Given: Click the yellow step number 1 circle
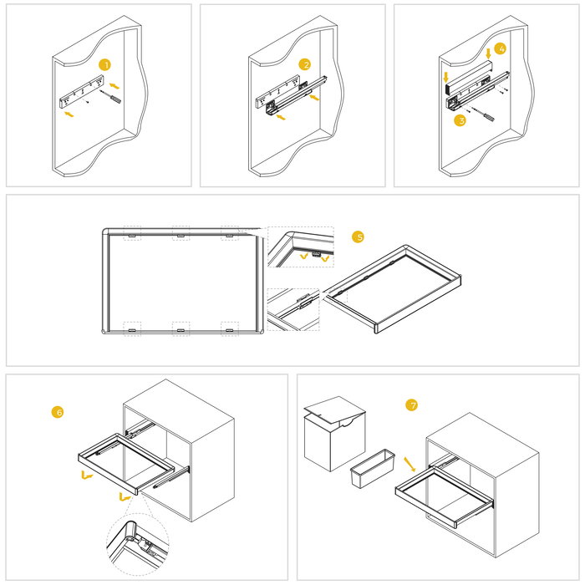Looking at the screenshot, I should pos(104,64).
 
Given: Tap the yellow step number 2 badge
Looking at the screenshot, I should pos(306,64).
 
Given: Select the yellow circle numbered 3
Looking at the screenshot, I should pos(460,120).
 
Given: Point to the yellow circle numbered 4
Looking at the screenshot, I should pos(500,48).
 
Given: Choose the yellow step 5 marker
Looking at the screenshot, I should pos(359,237).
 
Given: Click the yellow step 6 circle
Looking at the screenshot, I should pos(58,412).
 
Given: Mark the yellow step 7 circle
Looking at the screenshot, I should pos(411,405).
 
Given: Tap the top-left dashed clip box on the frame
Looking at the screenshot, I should pos(132,233).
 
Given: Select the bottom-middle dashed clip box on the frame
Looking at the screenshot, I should pos(181,328).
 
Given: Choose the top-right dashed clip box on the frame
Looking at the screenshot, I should pos(230,233).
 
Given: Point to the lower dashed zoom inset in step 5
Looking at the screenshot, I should pos(293,309).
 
